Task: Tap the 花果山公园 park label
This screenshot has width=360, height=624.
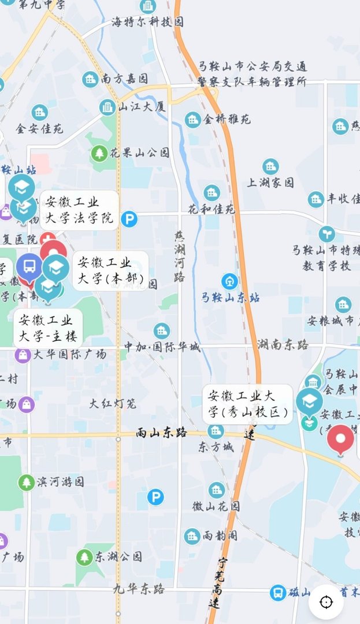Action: [140, 153]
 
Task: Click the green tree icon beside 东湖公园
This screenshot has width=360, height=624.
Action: [84, 557]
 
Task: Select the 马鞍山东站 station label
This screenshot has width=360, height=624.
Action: [230, 298]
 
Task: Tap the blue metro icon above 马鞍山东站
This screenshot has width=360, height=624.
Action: [230, 281]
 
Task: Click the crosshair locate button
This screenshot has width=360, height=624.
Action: [326, 602]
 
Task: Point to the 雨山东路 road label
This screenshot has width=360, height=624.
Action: [161, 432]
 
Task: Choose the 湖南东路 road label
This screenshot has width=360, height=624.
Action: [283, 345]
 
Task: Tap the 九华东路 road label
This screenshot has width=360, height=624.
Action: [139, 589]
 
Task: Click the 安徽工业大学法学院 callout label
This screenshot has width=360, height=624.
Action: [80, 211]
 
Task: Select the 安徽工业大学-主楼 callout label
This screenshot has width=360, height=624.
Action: [47, 328]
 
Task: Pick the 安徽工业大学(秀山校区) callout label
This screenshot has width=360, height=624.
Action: [247, 404]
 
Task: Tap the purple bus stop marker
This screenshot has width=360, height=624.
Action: [29, 266]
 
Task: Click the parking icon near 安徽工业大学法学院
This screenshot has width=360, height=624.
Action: [129, 219]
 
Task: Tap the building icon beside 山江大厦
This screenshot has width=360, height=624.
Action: [107, 107]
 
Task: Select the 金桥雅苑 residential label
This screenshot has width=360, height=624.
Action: [227, 120]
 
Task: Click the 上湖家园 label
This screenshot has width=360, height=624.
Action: [270, 183]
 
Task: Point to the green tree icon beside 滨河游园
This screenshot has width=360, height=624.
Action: [26, 482]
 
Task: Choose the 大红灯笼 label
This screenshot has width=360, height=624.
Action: [113, 403]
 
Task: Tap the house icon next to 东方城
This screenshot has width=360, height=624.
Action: [216, 431]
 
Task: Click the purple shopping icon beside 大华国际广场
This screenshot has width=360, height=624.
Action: [23, 355]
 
